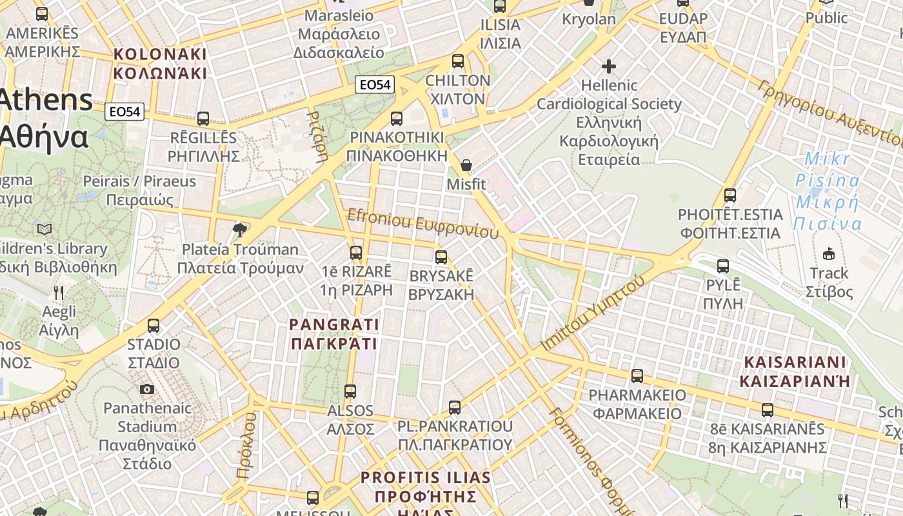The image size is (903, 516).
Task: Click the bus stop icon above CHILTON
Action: click(458, 62)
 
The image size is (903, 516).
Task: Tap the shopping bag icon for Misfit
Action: click(466, 166)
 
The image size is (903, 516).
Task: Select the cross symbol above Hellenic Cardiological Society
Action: click(608, 66)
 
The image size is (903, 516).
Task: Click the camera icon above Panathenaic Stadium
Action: click(147, 389)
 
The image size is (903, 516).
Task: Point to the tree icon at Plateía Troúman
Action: click(240, 230)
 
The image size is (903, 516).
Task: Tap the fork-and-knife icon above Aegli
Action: click(59, 293)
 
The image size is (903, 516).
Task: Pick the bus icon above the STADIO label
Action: click(154, 326)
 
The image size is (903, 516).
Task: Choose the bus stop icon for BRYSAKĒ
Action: click(441, 257)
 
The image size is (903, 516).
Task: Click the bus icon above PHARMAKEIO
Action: click(637, 375)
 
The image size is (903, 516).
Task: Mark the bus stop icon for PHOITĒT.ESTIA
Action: click(730, 195)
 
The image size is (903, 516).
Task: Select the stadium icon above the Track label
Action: click(829, 253)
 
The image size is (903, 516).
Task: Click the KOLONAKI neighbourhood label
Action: click(160, 63)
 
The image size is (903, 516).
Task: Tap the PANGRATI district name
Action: click(334, 333)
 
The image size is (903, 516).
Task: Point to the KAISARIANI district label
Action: click(795, 371)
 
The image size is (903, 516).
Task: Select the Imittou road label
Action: click(593, 313)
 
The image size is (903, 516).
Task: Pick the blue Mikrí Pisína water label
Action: click(828, 191)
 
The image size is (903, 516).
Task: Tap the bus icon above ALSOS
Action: click(350, 392)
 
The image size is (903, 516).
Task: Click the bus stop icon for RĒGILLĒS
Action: click(203, 119)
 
